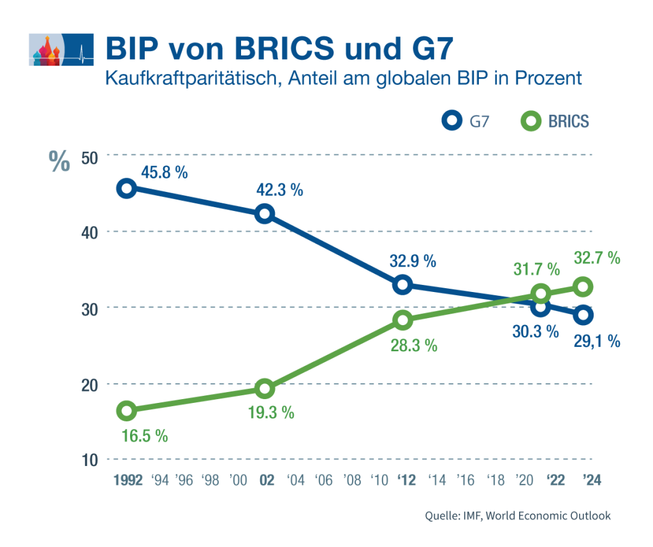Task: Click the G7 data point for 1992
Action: (126, 188)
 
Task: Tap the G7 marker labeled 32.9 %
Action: (402, 285)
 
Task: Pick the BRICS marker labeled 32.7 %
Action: (583, 287)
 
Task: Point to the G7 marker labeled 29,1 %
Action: (583, 315)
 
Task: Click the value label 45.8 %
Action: (164, 172)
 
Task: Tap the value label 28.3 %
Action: (413, 346)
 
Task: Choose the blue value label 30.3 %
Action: (536, 332)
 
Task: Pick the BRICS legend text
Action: (568, 121)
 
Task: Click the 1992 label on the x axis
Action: (128, 480)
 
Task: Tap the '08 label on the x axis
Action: (352, 480)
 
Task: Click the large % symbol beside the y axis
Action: (59, 162)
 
